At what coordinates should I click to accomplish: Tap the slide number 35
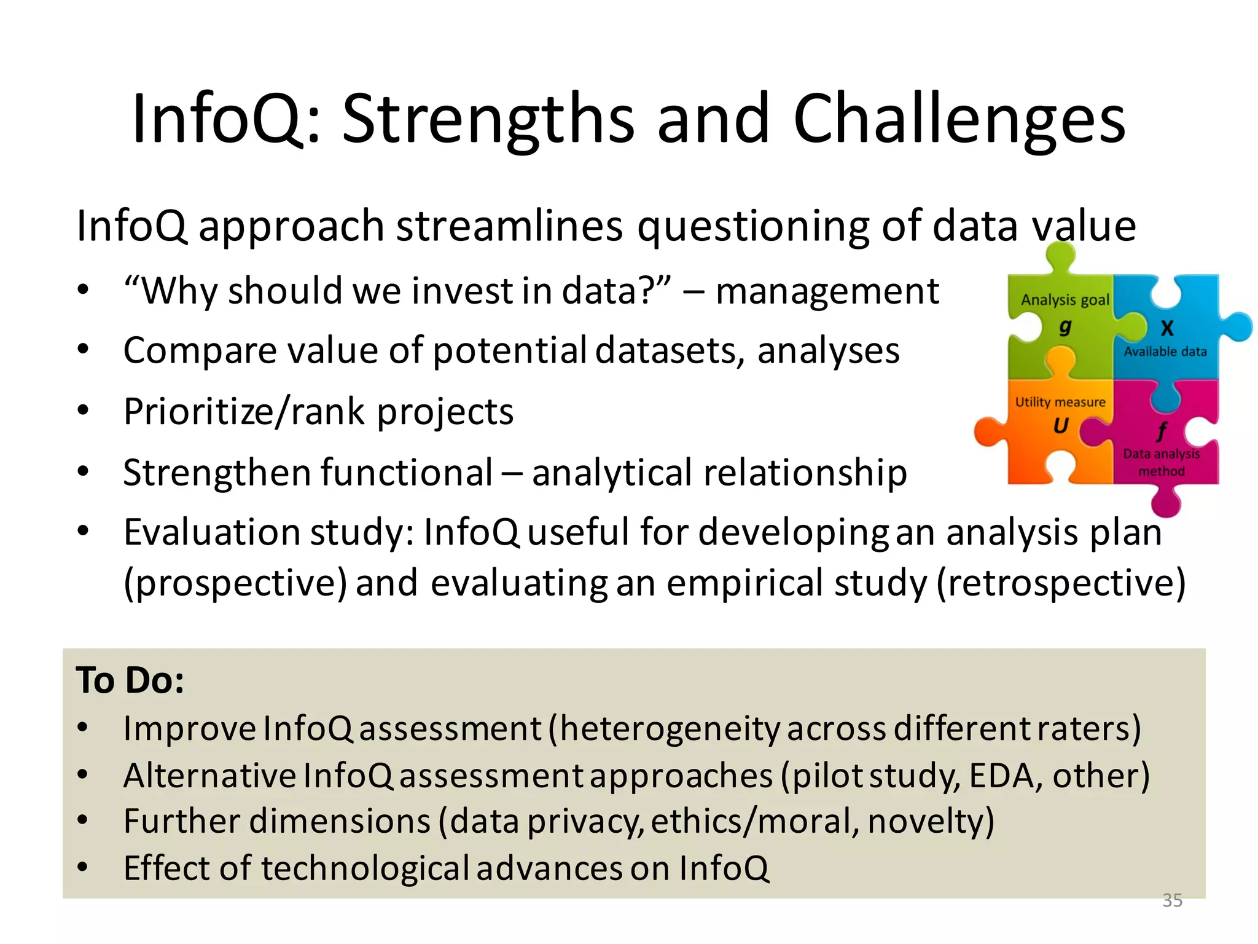tap(1172, 900)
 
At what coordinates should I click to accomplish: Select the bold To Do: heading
tap(130, 680)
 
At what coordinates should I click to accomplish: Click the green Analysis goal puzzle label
tap(1065, 300)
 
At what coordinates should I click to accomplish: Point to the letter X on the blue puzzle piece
tap(1167, 328)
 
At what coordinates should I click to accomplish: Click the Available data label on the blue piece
tap(1165, 352)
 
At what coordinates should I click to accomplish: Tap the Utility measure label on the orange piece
tap(1060, 402)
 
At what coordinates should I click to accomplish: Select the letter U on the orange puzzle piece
tap(1061, 425)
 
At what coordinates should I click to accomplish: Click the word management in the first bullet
tap(827, 291)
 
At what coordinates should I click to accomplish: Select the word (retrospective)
tap(1061, 583)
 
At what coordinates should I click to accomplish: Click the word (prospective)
tap(235, 583)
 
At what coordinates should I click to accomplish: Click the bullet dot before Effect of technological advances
tap(83, 868)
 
